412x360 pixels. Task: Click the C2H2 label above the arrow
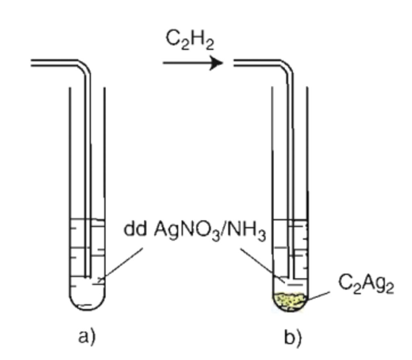coord(189,41)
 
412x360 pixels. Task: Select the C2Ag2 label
coord(366,285)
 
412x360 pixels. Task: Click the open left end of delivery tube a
coord(33,62)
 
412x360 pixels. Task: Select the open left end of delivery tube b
coord(235,62)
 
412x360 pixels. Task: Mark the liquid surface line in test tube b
coord(290,220)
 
